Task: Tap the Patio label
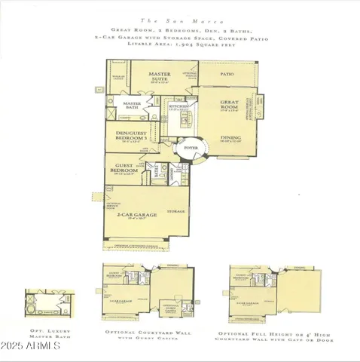pyautogui.click(x=227, y=75)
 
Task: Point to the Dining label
pyautogui.click(x=230, y=138)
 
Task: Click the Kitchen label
pyautogui.click(x=178, y=106)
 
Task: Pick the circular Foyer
pyautogui.click(x=188, y=149)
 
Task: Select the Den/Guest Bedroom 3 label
pyautogui.click(x=133, y=139)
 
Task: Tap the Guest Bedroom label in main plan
pyautogui.click(x=126, y=169)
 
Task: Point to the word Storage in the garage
pyautogui.click(x=176, y=210)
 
